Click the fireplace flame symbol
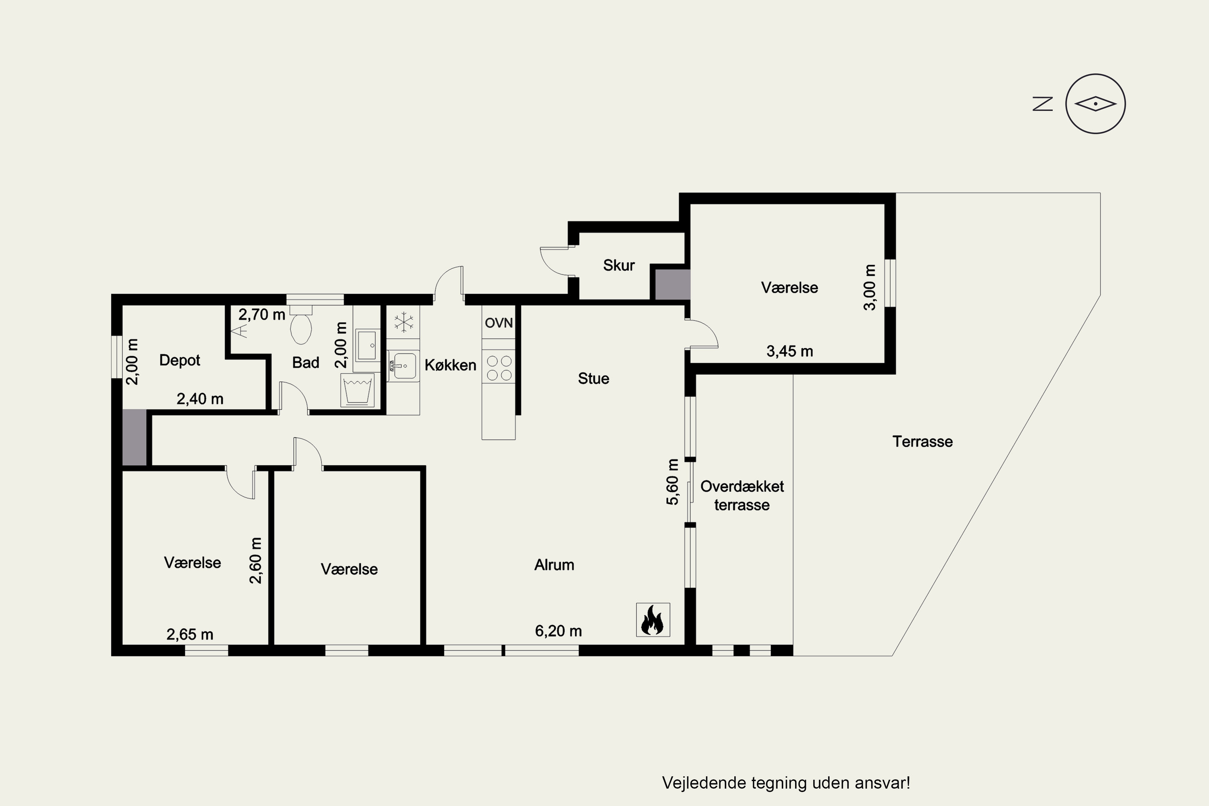(x=653, y=619)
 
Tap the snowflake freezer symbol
(x=403, y=322)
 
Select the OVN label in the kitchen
(x=499, y=323)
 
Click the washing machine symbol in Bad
(x=357, y=390)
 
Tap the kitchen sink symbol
(x=403, y=366)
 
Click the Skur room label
(x=619, y=265)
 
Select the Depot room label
(x=179, y=360)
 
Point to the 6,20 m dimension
(x=558, y=631)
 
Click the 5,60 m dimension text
(x=672, y=482)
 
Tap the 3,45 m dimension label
(x=789, y=351)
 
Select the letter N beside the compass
(x=1043, y=104)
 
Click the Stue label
(x=593, y=378)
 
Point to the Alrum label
(x=554, y=565)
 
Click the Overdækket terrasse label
(x=742, y=496)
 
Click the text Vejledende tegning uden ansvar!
(x=786, y=783)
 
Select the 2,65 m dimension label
(x=190, y=634)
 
